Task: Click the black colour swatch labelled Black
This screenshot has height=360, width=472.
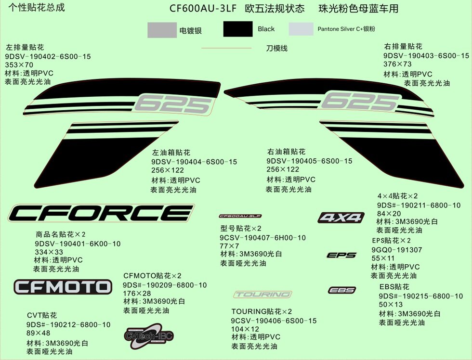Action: click(x=238, y=29)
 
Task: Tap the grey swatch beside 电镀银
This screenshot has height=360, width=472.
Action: click(x=162, y=30)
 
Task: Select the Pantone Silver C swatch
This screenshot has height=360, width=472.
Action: click(x=301, y=29)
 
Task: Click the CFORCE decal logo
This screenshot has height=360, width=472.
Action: click(x=101, y=213)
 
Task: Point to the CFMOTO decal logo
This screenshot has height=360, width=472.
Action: click(x=63, y=287)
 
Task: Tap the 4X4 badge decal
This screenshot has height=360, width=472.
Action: click(x=341, y=218)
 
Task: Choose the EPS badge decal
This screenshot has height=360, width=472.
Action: click(x=341, y=255)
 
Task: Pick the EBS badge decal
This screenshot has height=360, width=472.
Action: click(x=342, y=290)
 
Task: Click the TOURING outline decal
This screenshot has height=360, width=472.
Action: click(x=263, y=294)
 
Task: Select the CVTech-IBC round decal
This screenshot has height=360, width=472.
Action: click(x=149, y=336)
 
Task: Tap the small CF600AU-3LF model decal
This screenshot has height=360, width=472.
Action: click(x=240, y=216)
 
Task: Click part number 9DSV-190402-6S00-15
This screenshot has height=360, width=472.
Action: click(x=48, y=56)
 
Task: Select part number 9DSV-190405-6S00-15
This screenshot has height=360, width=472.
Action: click(x=309, y=161)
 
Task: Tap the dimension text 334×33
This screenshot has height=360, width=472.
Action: click(x=49, y=252)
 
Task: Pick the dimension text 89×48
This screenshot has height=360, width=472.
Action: click(x=38, y=333)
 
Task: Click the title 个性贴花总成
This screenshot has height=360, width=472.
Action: click(x=37, y=8)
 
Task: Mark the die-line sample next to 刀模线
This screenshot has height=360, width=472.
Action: click(x=226, y=48)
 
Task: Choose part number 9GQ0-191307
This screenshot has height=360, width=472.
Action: click(x=397, y=250)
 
